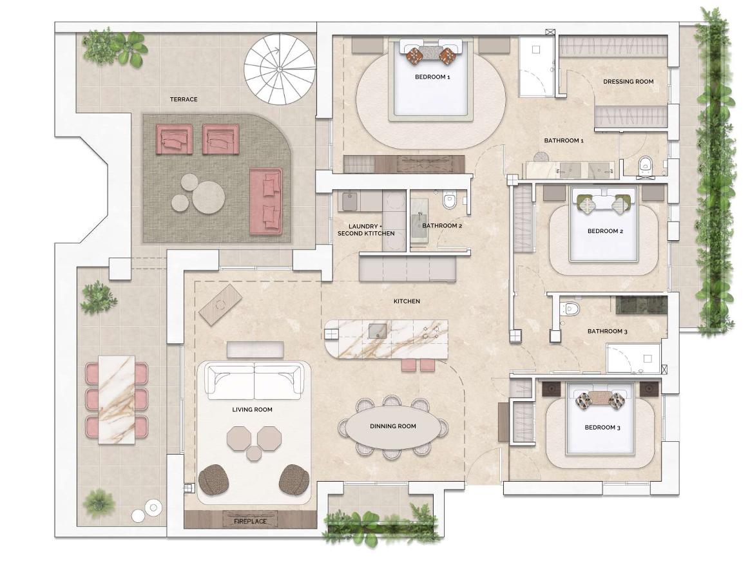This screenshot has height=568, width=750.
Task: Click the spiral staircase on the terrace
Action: click(x=280, y=69)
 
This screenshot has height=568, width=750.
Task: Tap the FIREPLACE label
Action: click(x=250, y=521)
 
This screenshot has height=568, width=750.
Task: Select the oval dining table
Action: click(x=392, y=426)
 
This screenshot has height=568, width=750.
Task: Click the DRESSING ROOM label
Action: click(x=628, y=81)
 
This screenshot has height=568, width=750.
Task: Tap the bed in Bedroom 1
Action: click(x=430, y=79)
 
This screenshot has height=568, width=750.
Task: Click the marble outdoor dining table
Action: click(x=117, y=399)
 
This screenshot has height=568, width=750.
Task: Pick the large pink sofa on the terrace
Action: click(x=266, y=201)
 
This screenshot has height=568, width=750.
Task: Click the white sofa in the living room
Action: click(x=254, y=380)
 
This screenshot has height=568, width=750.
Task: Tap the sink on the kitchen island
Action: click(x=378, y=330)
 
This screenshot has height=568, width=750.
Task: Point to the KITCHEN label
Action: click(x=407, y=301)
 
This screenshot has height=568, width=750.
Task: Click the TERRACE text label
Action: click(x=184, y=99)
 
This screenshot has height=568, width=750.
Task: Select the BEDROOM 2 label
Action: click(x=605, y=231)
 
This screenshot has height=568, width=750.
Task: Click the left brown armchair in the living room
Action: click(x=214, y=480)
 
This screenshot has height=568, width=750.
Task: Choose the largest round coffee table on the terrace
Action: click(x=209, y=197)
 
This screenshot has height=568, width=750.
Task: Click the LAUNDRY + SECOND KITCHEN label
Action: click(x=366, y=229)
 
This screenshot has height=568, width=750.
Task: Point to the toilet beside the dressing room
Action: click(x=645, y=165)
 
